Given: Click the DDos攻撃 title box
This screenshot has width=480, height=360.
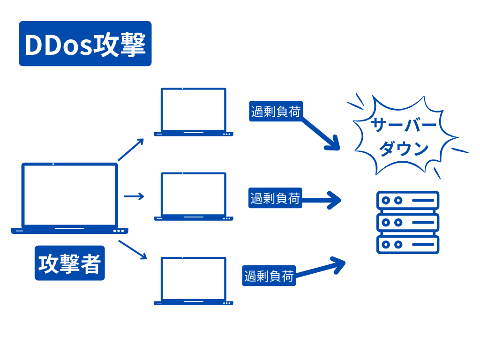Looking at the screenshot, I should [x=85, y=44].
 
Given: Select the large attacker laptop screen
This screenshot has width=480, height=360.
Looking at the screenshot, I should [x=70, y=195].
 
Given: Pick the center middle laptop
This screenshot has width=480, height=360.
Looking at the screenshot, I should [x=193, y=195].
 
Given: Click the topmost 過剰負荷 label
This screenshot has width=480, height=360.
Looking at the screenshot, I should [x=276, y=112].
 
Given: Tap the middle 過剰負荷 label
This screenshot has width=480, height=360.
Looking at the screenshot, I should [x=275, y=198].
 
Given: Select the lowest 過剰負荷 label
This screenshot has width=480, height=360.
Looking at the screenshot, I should [x=269, y=276].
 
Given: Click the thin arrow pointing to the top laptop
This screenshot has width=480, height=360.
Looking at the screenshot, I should [x=131, y=150].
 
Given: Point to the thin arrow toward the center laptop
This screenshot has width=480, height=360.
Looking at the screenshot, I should [x=134, y=196].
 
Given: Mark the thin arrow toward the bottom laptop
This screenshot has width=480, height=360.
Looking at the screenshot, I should [x=133, y=249].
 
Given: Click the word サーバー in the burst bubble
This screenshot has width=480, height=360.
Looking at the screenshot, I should [x=404, y=125].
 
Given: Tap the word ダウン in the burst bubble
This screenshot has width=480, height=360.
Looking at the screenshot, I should [x=404, y=149].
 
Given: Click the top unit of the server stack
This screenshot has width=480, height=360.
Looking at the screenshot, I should [x=408, y=200].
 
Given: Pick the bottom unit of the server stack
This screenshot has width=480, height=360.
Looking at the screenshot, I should [x=408, y=244].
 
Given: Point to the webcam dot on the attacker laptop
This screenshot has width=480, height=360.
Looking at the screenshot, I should [x=53, y=164].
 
